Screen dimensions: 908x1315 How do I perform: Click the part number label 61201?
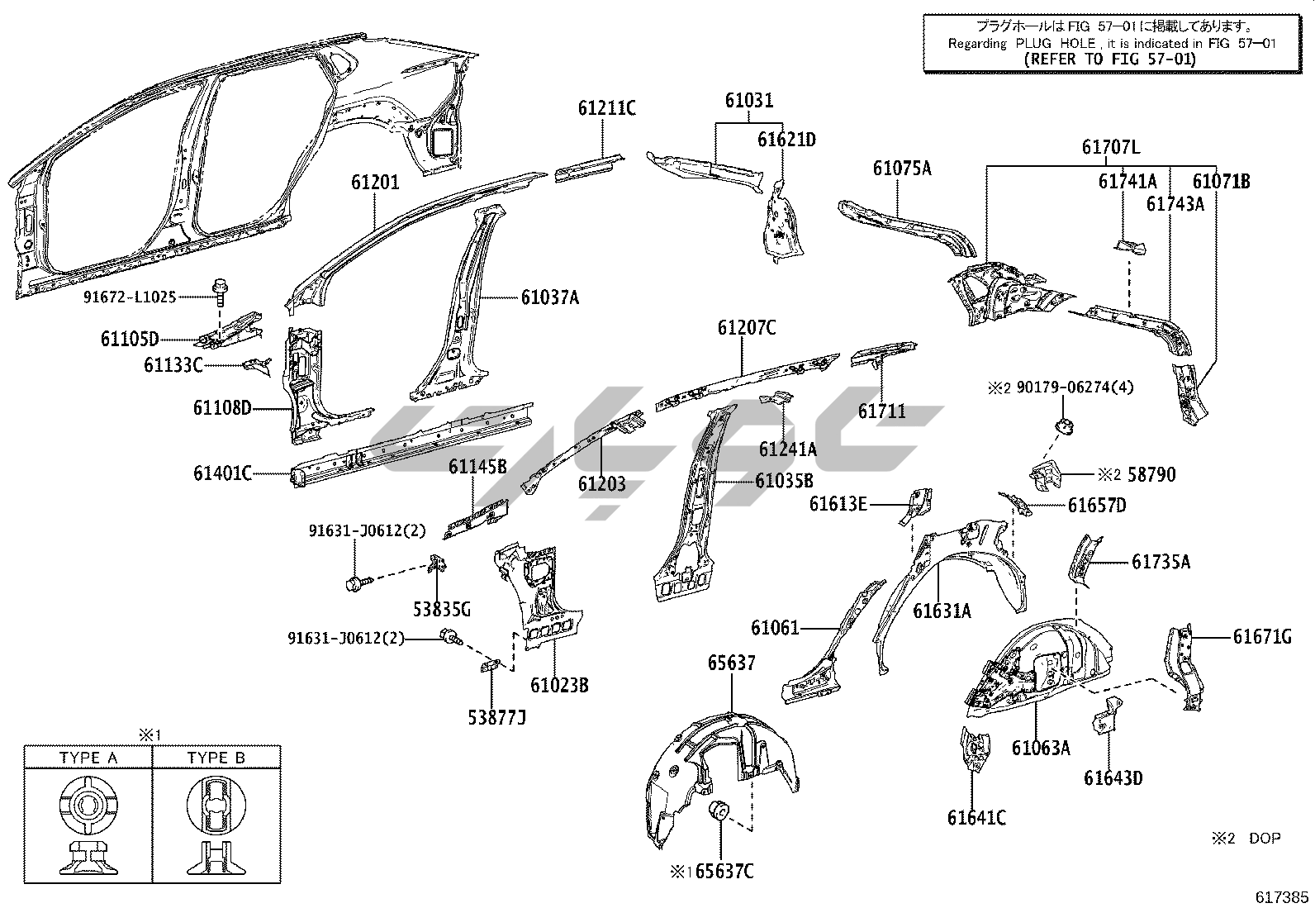374,182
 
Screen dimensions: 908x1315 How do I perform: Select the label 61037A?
549,297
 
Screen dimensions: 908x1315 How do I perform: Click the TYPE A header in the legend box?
88,757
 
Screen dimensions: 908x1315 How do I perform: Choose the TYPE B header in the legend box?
216,757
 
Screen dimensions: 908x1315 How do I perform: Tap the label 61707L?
1111,148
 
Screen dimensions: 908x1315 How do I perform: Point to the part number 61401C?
222,473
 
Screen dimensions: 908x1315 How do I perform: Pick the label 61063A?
1041,748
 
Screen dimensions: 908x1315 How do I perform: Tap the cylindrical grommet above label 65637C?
719,811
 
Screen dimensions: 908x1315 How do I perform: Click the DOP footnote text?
1264,839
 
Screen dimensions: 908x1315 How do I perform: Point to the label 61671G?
1261,636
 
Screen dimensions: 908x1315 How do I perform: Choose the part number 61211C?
606,108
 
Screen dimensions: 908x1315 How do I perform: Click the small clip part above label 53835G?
440,563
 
